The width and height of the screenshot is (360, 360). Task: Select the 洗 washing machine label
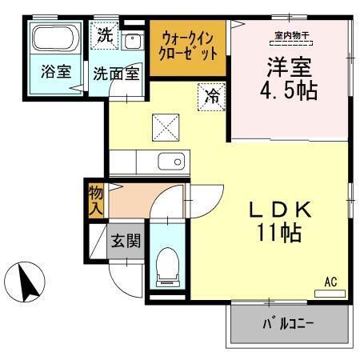click(x=104, y=34)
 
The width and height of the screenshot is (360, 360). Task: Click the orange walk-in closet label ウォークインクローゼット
click(x=190, y=46)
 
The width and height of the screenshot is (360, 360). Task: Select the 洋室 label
click(x=290, y=66)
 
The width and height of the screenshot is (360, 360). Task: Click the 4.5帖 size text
click(x=290, y=89)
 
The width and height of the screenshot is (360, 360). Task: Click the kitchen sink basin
click(x=170, y=162)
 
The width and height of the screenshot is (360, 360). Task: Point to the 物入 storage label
click(x=96, y=200)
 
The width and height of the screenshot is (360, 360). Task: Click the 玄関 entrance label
click(x=126, y=240)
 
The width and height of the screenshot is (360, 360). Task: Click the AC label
click(x=331, y=281)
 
